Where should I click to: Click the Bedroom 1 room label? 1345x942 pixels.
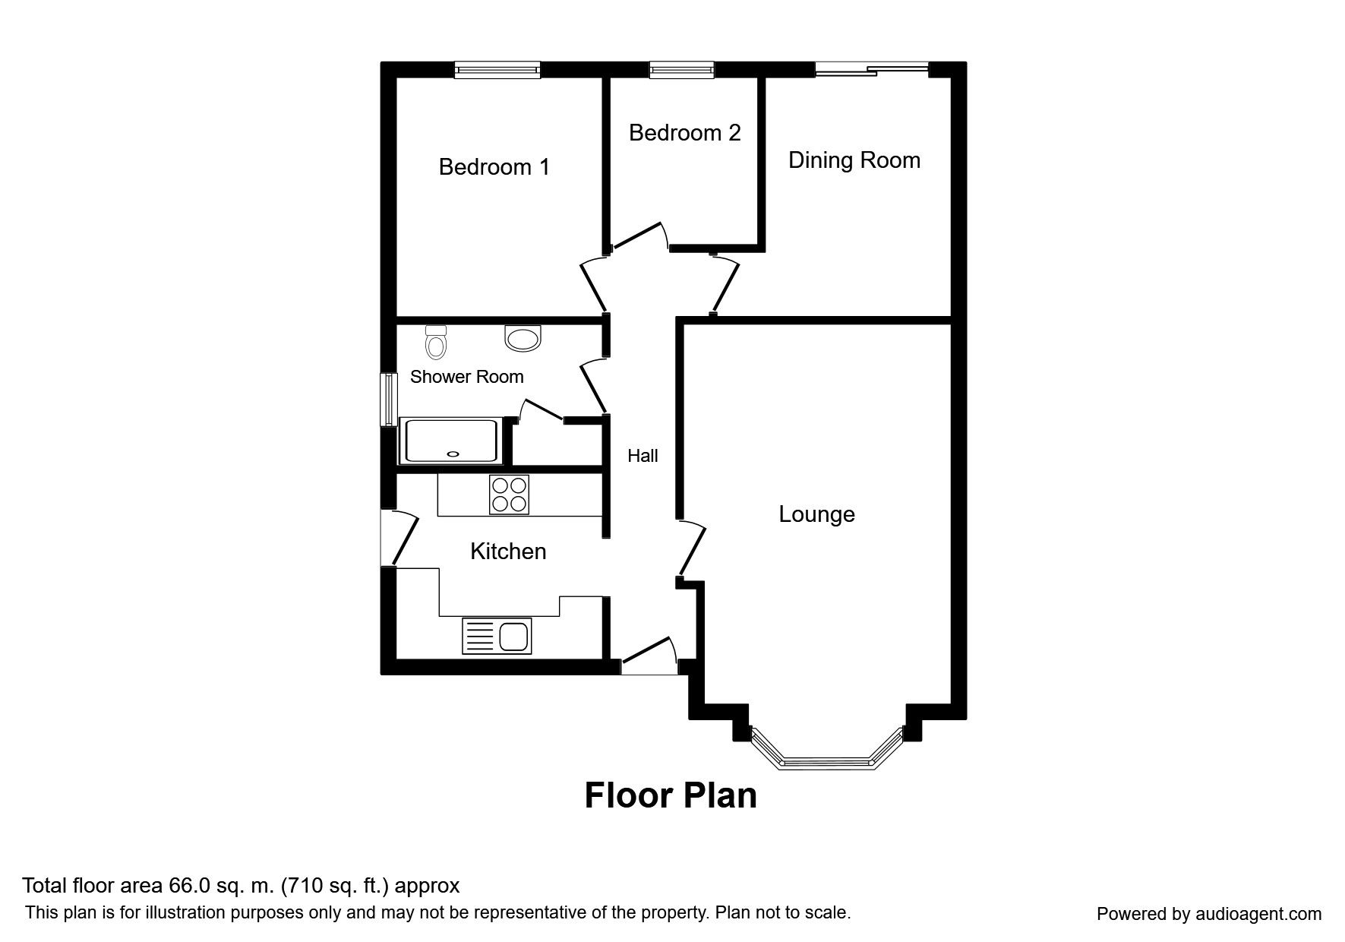(494, 167)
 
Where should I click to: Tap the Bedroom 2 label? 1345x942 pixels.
(684, 133)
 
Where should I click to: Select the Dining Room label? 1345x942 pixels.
(854, 160)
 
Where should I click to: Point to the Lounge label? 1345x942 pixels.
(816, 514)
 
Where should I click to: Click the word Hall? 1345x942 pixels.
(643, 456)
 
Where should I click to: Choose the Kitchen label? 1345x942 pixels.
(508, 551)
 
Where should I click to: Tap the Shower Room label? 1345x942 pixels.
(466, 377)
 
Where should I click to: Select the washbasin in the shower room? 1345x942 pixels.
(523, 338)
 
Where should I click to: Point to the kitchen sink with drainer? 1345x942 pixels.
(497, 636)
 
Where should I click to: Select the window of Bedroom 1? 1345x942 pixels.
(497, 70)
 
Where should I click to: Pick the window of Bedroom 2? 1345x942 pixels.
(682, 70)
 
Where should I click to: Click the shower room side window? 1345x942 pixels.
(389, 399)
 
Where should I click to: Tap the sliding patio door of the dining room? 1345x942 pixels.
(872, 70)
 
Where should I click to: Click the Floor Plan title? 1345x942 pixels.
(671, 795)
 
